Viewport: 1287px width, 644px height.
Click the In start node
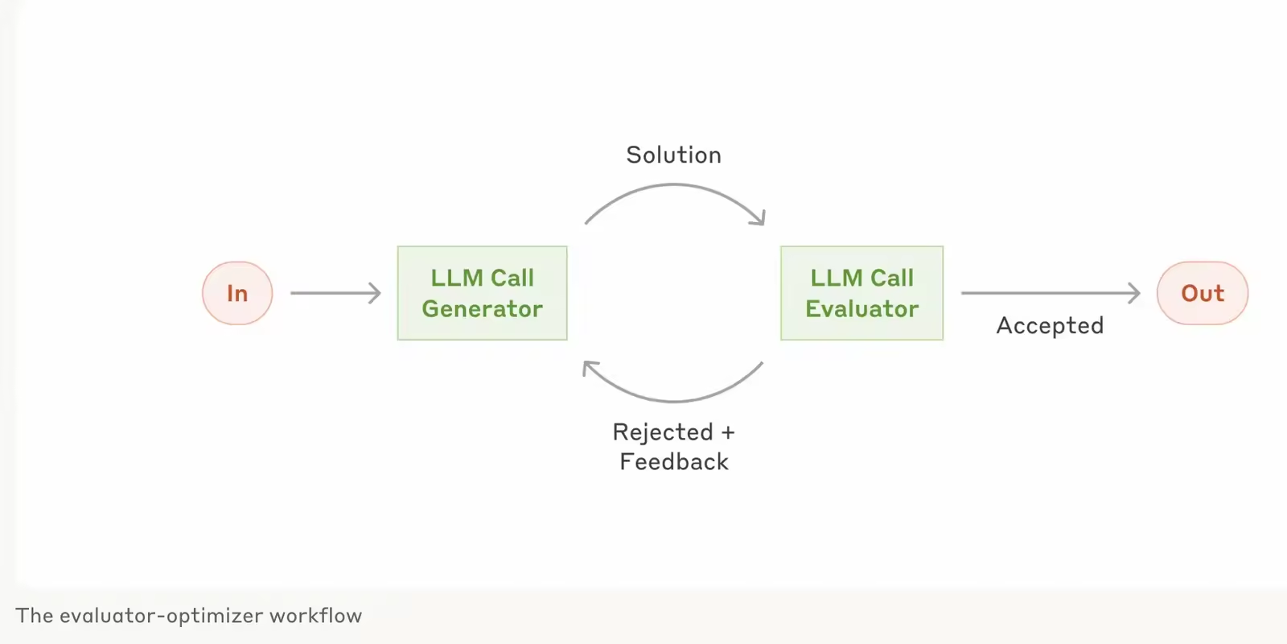(x=237, y=293)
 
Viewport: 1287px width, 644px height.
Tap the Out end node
(x=1203, y=293)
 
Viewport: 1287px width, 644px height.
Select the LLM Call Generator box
(x=482, y=293)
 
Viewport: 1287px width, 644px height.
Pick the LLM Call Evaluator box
(x=861, y=293)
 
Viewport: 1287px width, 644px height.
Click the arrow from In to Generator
(x=335, y=293)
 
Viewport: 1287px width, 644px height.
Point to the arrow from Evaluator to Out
(x=1051, y=293)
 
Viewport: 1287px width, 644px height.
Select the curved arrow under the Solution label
(x=674, y=185)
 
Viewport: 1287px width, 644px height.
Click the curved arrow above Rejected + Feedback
(x=674, y=400)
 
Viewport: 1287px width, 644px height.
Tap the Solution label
(x=674, y=155)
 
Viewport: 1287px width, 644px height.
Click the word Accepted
(x=1051, y=325)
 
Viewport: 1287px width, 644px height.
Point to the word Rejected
(x=663, y=431)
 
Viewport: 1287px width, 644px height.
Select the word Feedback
(x=674, y=462)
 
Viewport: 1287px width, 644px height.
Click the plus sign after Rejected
(x=728, y=432)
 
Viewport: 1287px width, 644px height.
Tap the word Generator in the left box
(x=482, y=309)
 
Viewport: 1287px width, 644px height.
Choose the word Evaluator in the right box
(x=861, y=309)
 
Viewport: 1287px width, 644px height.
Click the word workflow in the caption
(x=315, y=616)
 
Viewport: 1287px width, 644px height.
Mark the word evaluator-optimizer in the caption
(x=162, y=617)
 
